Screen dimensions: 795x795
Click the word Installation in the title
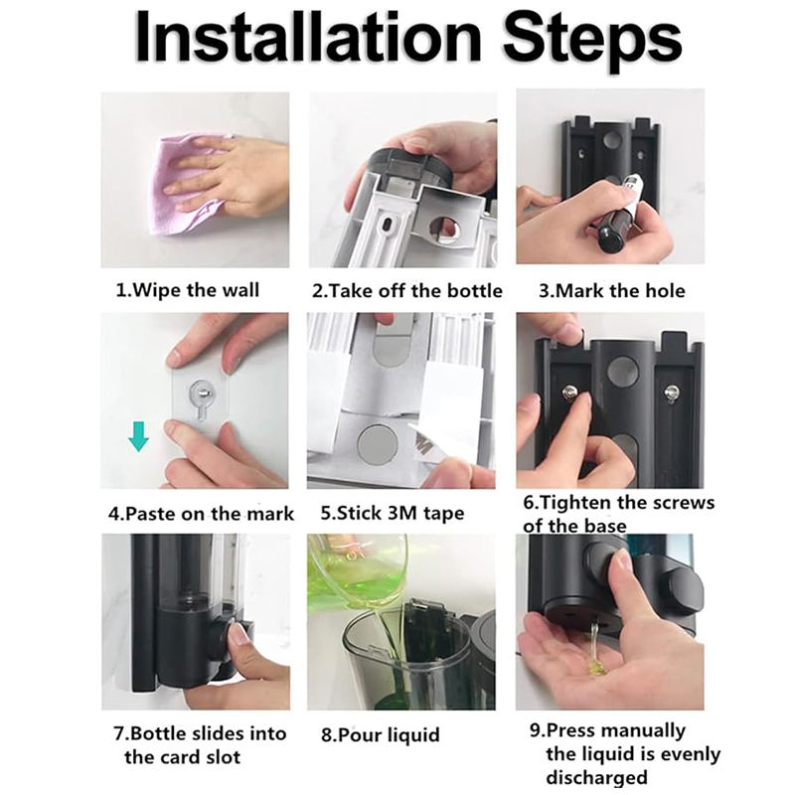(x=309, y=38)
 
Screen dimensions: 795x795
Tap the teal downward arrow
(x=138, y=436)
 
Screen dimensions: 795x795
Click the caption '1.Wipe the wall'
(x=188, y=290)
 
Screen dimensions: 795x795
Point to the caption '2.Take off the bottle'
(x=407, y=291)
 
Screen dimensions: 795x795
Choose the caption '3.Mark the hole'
(x=612, y=291)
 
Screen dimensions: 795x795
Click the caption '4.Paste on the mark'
(x=202, y=514)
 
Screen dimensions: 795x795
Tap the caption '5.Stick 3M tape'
(x=393, y=513)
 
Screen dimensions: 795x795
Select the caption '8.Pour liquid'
(x=381, y=734)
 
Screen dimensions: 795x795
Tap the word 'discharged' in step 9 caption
(x=596, y=777)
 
